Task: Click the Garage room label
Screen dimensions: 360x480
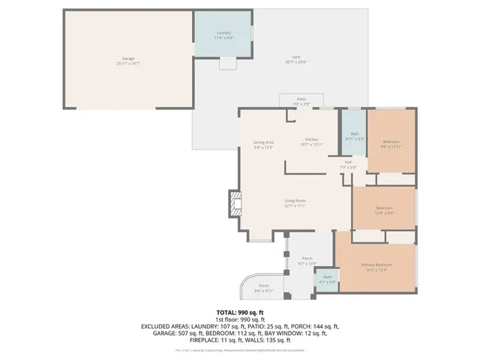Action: (128, 59)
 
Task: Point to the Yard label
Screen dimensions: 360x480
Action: (295, 58)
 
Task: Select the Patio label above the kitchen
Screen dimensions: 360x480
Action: (301, 100)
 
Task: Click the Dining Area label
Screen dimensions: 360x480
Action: (262, 143)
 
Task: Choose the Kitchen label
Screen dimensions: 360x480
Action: (311, 141)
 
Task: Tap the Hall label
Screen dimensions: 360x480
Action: (348, 163)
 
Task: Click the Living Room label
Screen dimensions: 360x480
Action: (294, 201)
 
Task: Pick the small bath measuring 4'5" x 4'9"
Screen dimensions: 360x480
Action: (327, 278)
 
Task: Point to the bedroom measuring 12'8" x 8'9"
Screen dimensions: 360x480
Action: (384, 208)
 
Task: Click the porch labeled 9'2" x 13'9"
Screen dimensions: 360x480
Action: (307, 259)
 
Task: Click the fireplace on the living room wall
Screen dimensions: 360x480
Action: (235, 203)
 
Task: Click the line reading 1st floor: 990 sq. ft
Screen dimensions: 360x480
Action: (240, 319)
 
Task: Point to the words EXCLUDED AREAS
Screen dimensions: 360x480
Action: (162, 327)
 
